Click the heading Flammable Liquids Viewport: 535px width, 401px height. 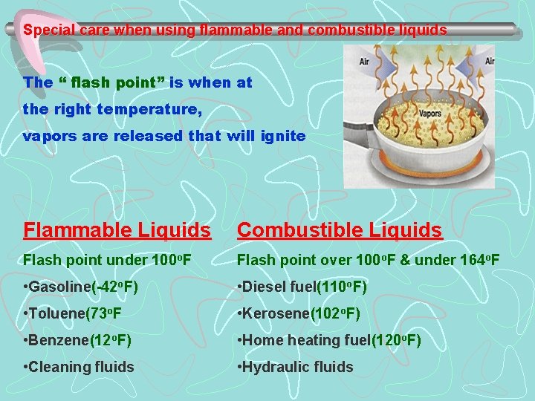point(117,230)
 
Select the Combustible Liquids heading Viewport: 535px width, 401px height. point(340,230)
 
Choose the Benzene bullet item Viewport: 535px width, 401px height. point(77,340)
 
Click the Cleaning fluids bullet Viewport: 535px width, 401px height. point(79,367)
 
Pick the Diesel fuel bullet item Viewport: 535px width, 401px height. point(302,287)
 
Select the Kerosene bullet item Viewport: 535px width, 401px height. point(298,313)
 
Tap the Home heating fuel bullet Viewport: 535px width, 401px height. point(328,340)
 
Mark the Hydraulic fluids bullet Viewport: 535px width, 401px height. point(295,367)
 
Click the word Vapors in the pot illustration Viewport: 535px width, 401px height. point(430,114)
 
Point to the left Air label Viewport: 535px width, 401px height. point(365,62)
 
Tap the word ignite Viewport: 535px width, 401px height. point(282,136)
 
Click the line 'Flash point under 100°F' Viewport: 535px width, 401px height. point(107,260)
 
